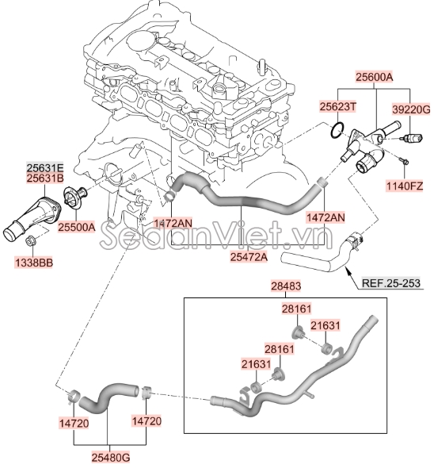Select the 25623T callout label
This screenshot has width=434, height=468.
click(339, 105)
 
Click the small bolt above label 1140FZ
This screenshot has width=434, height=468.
click(402, 163)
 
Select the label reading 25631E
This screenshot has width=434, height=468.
click(45, 167)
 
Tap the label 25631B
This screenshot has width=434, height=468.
click(45, 178)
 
